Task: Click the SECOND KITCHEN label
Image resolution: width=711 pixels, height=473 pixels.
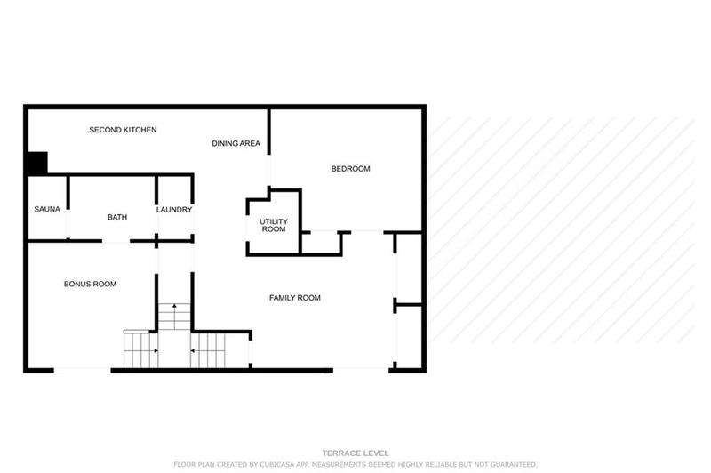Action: tap(123, 130)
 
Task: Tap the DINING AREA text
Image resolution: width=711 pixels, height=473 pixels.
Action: tap(236, 143)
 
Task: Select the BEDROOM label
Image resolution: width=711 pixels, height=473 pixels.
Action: tap(350, 169)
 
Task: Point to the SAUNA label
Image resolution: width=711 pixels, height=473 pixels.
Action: tap(47, 210)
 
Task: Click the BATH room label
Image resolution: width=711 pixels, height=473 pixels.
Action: tap(117, 217)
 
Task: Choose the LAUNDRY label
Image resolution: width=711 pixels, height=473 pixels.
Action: tap(174, 210)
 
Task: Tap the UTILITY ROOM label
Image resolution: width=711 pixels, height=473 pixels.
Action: tap(273, 225)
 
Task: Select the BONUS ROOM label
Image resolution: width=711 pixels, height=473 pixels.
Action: tap(90, 285)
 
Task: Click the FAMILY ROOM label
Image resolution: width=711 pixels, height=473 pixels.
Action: tap(294, 298)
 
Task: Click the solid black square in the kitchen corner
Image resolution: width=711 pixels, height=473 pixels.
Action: tap(36, 163)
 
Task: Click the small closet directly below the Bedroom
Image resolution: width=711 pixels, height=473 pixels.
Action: tap(321, 243)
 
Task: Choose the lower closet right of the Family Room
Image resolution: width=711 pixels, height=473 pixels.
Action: tap(408, 336)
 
